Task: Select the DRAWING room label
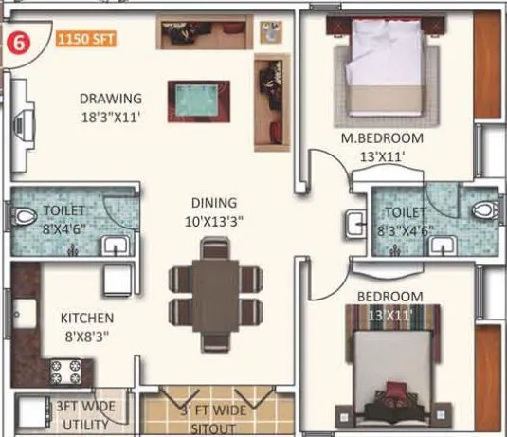click(x=111, y=99)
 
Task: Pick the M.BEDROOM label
click(x=383, y=138)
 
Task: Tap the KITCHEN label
click(x=87, y=318)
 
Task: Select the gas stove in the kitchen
click(x=66, y=370)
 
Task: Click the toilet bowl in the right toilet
click(x=482, y=210)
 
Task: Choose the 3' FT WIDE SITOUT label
click(x=215, y=417)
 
